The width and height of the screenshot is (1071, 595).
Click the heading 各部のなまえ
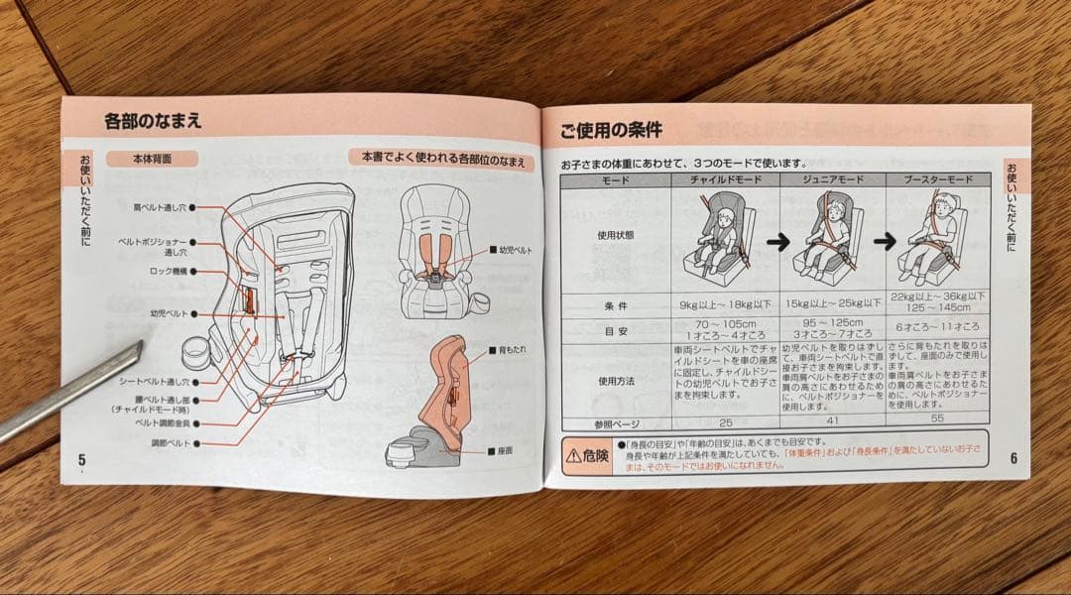(x=153, y=122)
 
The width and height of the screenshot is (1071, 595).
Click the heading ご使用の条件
(x=610, y=130)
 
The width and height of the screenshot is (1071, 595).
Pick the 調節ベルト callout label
(x=170, y=442)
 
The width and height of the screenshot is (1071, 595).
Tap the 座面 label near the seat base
(x=505, y=450)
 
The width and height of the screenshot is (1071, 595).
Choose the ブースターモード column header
(x=937, y=180)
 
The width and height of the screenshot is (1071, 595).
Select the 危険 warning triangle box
(x=587, y=456)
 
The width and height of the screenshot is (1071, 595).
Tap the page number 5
(x=82, y=458)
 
